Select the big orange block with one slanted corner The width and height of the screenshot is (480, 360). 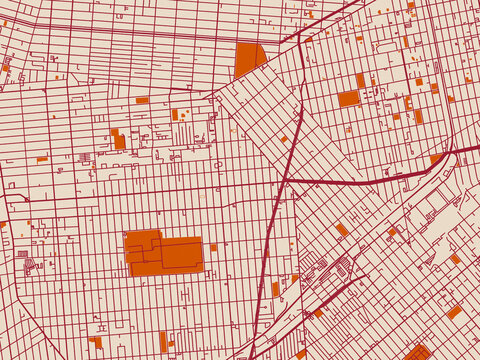click(x=248, y=60)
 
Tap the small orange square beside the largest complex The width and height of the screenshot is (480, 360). click(x=213, y=247)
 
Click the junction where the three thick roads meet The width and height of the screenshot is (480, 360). click(x=286, y=179)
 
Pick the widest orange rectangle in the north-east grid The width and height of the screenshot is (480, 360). click(x=348, y=98)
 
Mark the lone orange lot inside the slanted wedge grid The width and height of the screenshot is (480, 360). click(x=284, y=139)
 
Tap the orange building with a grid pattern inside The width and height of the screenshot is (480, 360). click(x=418, y=352)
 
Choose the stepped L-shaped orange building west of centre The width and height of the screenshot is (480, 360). click(x=118, y=139)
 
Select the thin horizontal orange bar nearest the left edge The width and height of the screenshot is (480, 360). click(x=42, y=159)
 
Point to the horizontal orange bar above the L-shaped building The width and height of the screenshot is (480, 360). click(x=142, y=100)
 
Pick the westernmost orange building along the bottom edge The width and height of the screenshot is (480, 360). click(x=95, y=342)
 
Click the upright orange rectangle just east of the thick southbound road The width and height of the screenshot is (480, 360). click(x=276, y=289)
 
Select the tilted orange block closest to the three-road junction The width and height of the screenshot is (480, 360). click(x=341, y=229)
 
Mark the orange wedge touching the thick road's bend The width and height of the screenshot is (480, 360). click(x=437, y=158)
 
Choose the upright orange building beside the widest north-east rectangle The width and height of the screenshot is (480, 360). click(x=360, y=80)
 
